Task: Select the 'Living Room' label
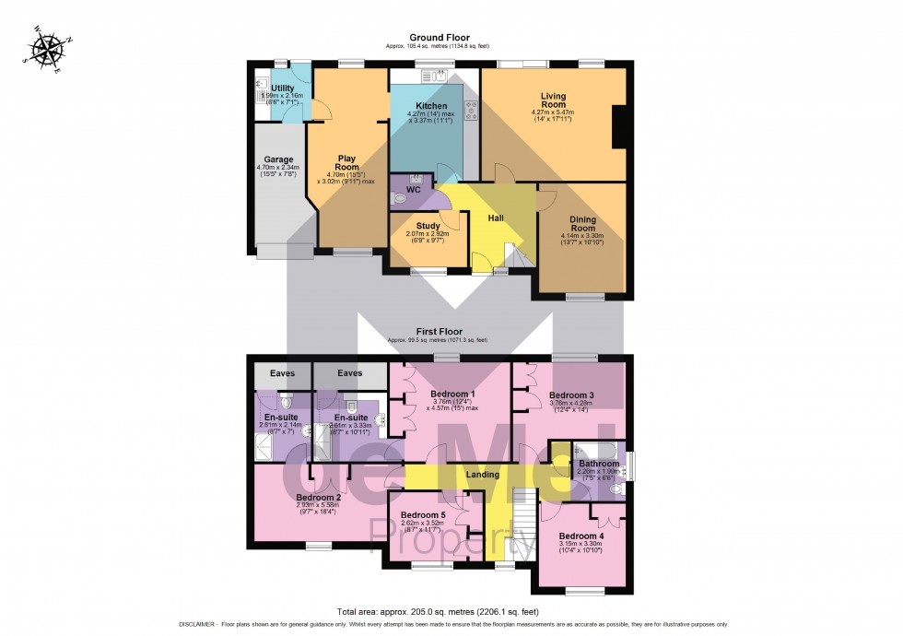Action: tap(553, 100)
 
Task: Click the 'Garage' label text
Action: tap(265, 159)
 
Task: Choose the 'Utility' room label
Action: tap(282, 88)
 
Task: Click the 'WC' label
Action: tap(413, 190)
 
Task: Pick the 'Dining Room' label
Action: tap(582, 224)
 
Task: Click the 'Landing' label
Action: tap(482, 475)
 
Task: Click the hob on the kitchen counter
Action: tap(471, 111)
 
